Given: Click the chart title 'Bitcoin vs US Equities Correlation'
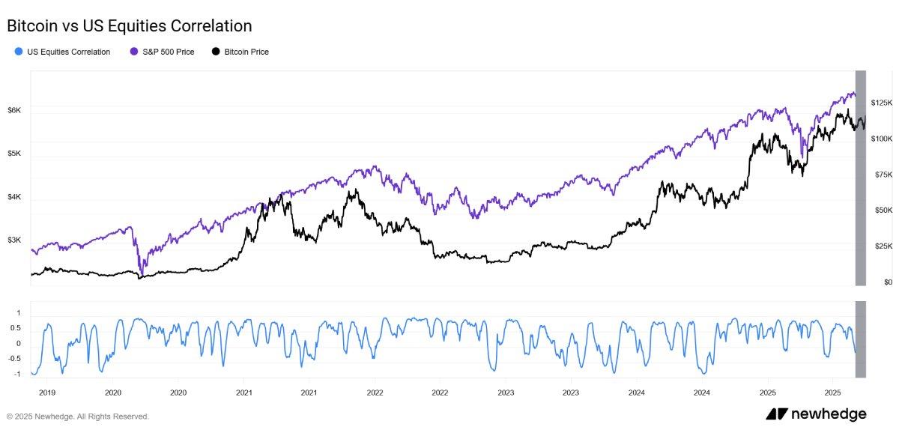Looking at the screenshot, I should point(129,25).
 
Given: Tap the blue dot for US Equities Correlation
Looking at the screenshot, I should point(18,52).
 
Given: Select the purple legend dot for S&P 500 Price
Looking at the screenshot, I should point(133,52).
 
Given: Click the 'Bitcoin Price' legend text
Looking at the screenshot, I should point(246,52).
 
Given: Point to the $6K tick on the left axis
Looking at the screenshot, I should point(14,110).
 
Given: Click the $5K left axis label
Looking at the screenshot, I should point(14,154).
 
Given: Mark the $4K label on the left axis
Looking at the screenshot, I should point(14,197).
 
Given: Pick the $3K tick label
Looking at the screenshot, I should point(14,240).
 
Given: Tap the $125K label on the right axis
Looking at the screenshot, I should point(882,102).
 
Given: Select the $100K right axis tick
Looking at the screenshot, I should point(882,139).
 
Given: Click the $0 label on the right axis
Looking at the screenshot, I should point(889,282).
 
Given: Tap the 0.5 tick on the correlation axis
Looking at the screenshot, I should point(16,328).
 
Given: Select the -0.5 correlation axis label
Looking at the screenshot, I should point(14,358).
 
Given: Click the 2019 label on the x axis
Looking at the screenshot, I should point(47,392).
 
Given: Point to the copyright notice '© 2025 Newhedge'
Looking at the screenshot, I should point(78,417).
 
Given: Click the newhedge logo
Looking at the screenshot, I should point(816,414).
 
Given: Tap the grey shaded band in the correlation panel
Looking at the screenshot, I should point(861,339).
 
